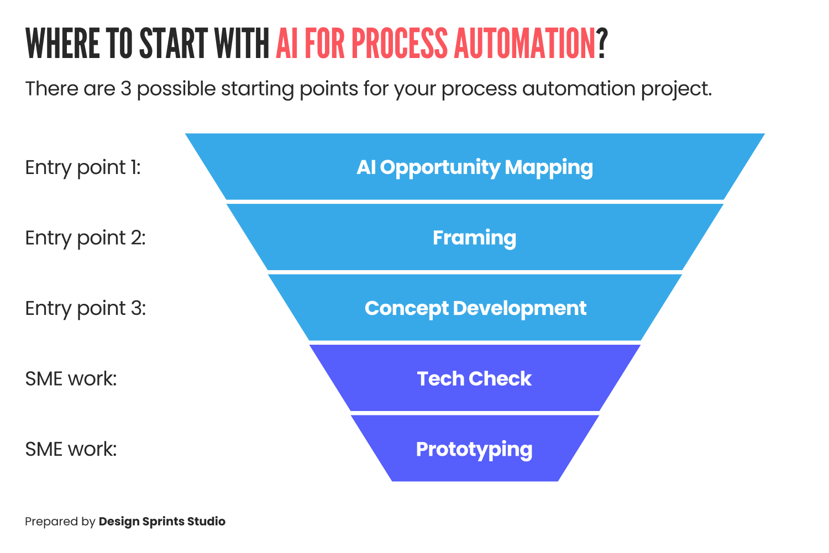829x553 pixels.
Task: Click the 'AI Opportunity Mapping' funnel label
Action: click(475, 167)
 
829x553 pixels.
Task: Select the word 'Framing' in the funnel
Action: click(475, 238)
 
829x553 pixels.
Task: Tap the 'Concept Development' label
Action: click(475, 308)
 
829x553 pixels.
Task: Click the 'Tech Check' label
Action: click(474, 379)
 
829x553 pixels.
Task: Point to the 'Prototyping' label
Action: click(474, 449)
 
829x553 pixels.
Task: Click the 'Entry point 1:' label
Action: click(83, 167)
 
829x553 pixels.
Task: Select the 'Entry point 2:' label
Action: click(85, 238)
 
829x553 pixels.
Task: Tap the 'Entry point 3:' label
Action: click(85, 308)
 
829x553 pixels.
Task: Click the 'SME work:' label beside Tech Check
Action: click(71, 379)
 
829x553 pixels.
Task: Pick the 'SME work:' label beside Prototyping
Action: click(71, 449)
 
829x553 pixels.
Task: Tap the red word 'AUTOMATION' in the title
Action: click(524, 44)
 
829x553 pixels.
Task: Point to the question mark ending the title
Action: click(602, 44)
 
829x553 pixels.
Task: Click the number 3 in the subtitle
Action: click(126, 89)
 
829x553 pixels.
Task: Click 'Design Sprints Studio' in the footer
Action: click(162, 522)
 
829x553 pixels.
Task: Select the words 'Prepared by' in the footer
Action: click(60, 522)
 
